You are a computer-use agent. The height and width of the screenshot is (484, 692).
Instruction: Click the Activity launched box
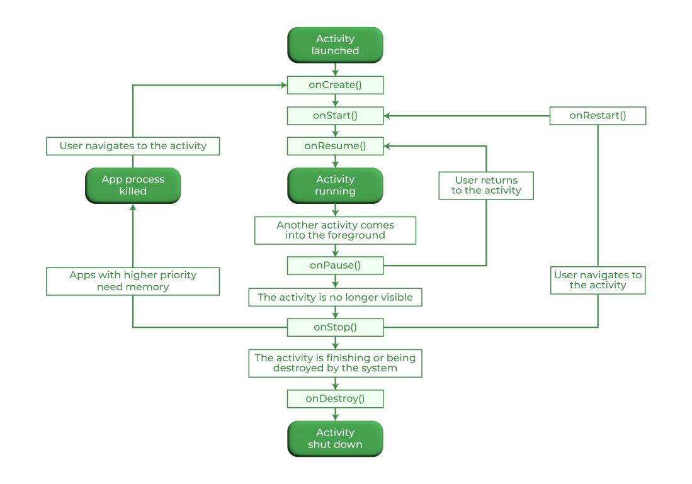(335, 45)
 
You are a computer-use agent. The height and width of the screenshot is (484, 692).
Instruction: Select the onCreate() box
(335, 85)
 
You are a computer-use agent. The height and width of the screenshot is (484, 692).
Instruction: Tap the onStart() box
(335, 116)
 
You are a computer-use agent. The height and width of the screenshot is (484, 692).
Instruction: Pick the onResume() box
(335, 146)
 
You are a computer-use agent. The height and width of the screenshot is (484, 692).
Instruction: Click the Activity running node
(335, 185)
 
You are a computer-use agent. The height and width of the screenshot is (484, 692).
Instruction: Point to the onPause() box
(335, 265)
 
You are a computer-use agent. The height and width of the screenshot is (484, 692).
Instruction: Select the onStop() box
(335, 327)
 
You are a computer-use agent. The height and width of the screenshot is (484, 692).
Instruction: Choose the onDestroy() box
(335, 398)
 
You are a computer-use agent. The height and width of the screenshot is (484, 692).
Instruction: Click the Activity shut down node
(335, 438)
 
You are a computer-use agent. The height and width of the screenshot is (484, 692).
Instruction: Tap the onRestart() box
(598, 116)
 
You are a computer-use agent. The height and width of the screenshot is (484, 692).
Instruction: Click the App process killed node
(133, 185)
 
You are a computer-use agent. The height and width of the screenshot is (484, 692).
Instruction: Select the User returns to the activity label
(486, 185)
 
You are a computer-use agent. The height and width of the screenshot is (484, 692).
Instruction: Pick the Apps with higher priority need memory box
(133, 281)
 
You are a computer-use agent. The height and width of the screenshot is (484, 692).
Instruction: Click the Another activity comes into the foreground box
(335, 230)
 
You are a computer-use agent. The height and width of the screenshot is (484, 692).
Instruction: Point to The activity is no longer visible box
(335, 297)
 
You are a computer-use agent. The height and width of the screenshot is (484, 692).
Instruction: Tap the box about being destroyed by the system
(335, 363)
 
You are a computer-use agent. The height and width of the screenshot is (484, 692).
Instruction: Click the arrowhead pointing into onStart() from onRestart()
(388, 116)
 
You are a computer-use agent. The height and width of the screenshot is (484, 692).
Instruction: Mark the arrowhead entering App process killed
(133, 208)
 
